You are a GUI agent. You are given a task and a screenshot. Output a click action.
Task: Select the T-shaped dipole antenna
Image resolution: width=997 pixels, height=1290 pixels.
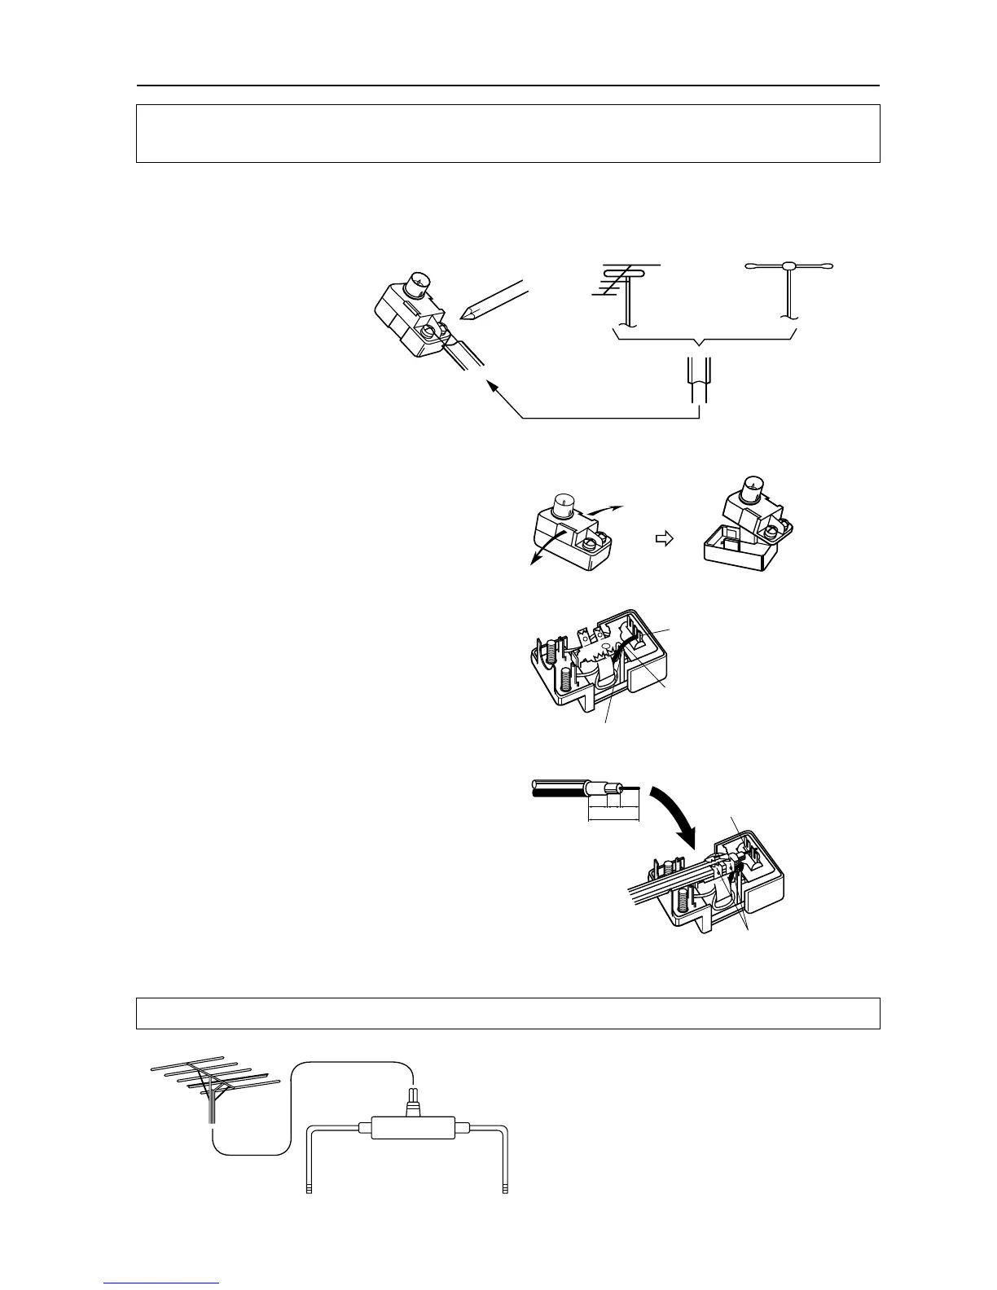[x=788, y=277]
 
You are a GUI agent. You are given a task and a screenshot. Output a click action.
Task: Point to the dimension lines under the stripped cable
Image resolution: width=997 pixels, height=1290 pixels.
[x=613, y=811]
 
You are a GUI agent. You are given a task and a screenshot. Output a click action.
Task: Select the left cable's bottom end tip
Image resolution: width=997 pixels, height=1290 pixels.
[x=309, y=1190]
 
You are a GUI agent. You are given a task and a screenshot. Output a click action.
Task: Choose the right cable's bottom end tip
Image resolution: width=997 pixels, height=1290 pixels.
[x=505, y=1190]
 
